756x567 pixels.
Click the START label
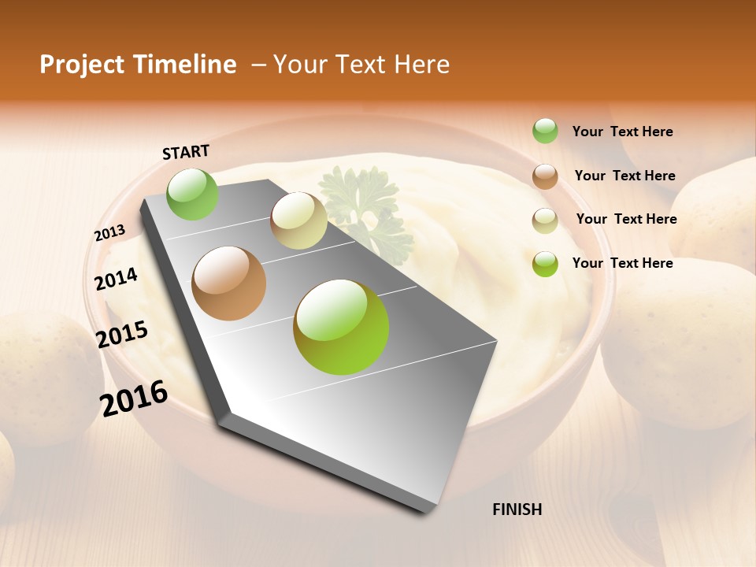point(186,152)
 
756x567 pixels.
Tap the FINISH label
point(517,510)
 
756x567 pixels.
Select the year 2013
point(109,233)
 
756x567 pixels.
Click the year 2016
point(134,398)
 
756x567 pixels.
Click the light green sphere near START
point(193,194)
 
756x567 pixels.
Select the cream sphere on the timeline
point(298,220)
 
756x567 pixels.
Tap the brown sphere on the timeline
point(229,283)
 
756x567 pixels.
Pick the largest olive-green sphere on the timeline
point(341,327)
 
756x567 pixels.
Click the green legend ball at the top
point(545,131)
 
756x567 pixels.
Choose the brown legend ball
point(545,176)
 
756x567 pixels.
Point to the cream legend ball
point(545,220)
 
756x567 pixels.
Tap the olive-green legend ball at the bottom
point(545,264)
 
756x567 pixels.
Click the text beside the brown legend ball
point(625,176)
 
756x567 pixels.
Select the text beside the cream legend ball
point(627,219)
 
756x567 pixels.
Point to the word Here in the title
point(421,65)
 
